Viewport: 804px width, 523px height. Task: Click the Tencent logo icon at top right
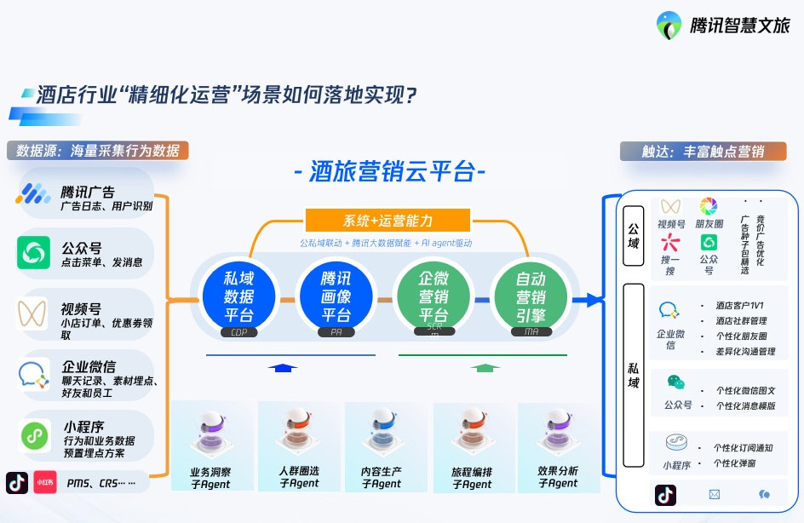(x=669, y=25)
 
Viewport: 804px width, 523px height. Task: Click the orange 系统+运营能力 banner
(x=388, y=221)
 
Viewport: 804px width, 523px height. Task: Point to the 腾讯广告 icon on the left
(x=34, y=194)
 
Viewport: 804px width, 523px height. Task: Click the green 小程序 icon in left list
(x=35, y=435)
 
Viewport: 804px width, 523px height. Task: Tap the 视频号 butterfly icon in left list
(x=34, y=314)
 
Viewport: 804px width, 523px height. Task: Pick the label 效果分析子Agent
(x=558, y=477)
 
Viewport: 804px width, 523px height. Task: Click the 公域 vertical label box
(x=634, y=236)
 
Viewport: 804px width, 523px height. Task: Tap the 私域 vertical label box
(x=634, y=376)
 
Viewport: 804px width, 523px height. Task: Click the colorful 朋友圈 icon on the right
(x=709, y=207)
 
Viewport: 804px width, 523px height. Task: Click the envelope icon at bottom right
(x=714, y=494)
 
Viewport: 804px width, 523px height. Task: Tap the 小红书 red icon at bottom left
(x=44, y=482)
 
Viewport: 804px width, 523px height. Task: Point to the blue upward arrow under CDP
(x=283, y=367)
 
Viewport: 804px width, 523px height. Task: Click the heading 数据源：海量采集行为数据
(x=97, y=151)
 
